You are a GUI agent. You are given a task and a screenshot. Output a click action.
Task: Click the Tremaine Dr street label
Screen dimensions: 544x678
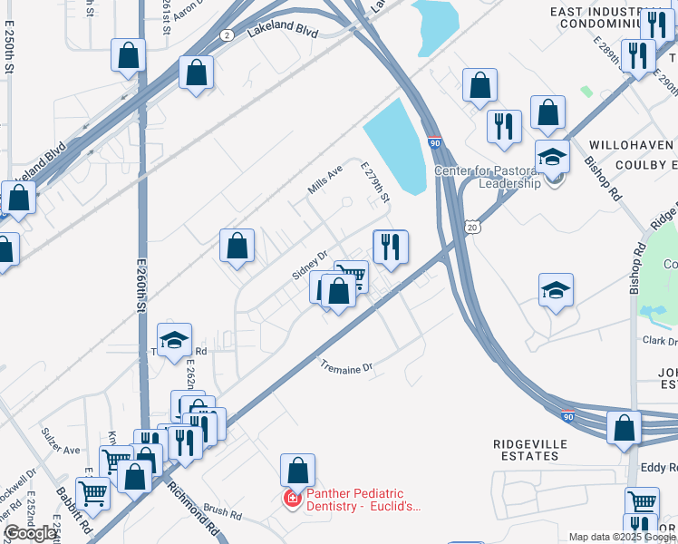347,367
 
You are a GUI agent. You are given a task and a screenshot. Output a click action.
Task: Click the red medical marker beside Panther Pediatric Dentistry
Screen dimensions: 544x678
292,499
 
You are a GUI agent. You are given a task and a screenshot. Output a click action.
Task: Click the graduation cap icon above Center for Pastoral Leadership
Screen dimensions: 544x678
552,156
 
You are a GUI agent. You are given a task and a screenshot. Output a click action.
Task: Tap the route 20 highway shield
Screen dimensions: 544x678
472,228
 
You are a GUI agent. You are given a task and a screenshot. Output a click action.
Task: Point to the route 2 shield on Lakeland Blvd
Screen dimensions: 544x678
226,34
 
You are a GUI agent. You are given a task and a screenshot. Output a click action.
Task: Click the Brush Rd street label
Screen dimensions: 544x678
222,512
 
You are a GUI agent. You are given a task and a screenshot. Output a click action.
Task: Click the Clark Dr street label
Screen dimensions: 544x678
660,341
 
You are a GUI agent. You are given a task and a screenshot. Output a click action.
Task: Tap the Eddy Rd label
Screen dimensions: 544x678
659,468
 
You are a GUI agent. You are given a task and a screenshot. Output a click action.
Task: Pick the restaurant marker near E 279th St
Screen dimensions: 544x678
391,247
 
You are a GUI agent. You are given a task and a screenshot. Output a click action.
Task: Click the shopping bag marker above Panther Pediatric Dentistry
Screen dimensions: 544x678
297,471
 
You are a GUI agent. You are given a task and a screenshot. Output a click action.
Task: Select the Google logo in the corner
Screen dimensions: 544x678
29,533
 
